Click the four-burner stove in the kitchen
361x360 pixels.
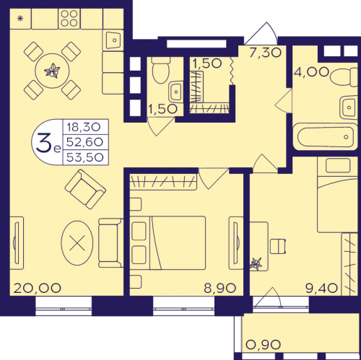pos(69,18)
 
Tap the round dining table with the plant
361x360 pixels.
pos(52,71)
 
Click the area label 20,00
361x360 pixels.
pos(38,288)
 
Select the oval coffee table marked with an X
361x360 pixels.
pos(77,243)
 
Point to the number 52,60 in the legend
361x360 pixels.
pos(84,142)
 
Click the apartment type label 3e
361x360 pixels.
pos(48,144)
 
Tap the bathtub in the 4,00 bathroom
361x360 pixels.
pos(326,137)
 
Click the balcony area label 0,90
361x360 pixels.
pos(263,345)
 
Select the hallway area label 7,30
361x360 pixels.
pos(265,53)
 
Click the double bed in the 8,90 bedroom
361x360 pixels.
pos(168,242)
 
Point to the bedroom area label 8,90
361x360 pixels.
pos(220,288)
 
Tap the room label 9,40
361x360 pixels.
pos(321,288)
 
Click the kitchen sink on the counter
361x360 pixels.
pos(113,40)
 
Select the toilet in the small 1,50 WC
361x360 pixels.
pos(161,70)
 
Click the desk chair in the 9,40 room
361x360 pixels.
pos(278,246)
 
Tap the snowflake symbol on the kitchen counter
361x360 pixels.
pos(20,18)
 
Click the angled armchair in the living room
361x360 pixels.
pos(85,189)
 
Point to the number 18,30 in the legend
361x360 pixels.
pos(84,127)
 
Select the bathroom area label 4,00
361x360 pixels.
pos(311,71)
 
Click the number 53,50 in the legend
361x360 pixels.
pos(84,157)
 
